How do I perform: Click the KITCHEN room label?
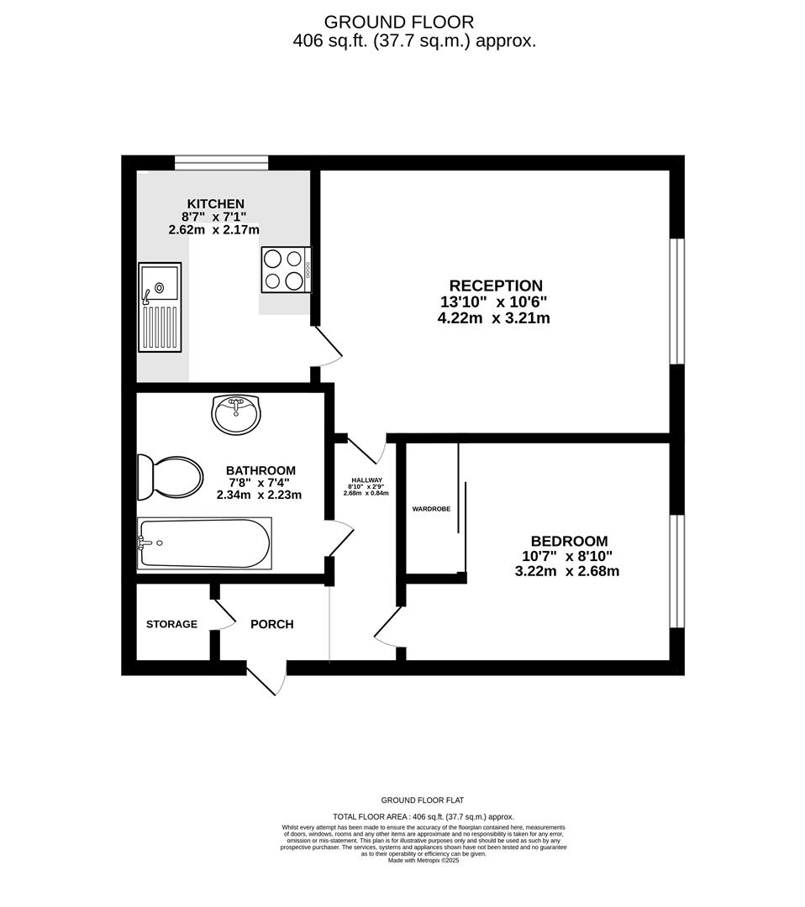tap(215, 203)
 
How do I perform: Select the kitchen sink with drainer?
tap(160, 307)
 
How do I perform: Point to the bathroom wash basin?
tap(237, 414)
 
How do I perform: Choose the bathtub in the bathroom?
tap(204, 543)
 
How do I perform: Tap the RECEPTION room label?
tap(496, 286)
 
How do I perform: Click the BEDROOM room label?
tap(569, 542)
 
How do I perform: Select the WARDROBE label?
tap(431, 509)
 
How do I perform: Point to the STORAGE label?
tap(171, 624)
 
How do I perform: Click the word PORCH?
tap(272, 624)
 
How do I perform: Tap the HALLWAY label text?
tap(366, 480)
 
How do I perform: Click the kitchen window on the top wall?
tap(221, 162)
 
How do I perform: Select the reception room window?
tap(676, 301)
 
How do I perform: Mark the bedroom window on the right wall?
tap(676, 571)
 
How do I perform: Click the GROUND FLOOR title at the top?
tap(399, 22)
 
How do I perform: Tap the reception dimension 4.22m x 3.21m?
tap(494, 318)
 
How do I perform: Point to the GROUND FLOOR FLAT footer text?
tap(423, 800)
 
